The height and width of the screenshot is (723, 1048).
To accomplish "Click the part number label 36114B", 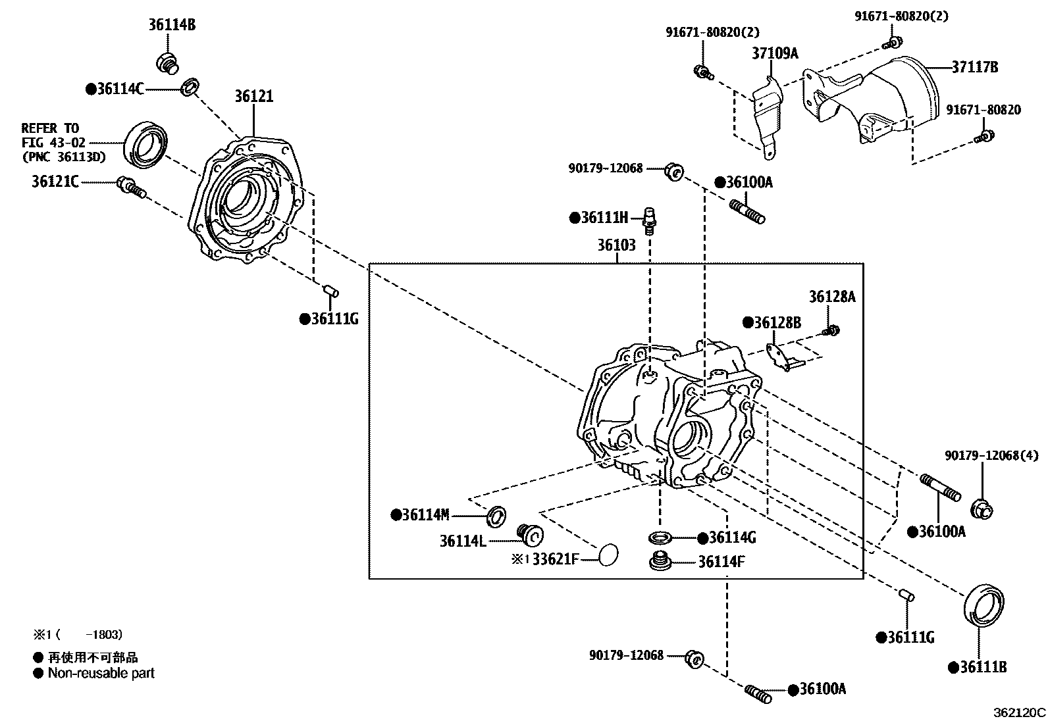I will (171, 26).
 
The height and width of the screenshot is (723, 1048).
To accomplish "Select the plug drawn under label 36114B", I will (167, 63).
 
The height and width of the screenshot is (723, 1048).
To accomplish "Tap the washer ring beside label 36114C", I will (190, 86).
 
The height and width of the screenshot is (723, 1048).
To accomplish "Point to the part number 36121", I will (253, 97).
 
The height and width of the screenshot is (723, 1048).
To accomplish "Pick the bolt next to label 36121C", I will (130, 187).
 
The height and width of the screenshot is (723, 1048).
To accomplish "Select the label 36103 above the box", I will (616, 245).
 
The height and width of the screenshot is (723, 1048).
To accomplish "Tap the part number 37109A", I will (774, 53).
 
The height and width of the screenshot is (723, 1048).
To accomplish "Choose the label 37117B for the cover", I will (974, 66).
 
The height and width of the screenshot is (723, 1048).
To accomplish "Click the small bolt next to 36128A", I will (832, 330).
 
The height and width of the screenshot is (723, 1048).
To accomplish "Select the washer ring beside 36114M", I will (496, 516).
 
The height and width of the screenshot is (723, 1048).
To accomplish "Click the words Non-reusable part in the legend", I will (101, 673).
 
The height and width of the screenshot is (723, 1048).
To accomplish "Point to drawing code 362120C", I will (1019, 712).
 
